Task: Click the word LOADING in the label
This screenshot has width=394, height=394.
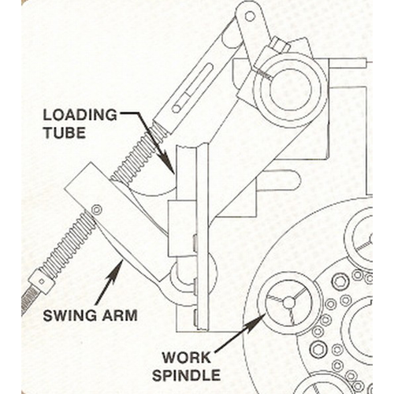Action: [80, 115]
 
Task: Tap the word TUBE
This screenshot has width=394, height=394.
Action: [65, 132]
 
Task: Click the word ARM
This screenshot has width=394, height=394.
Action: [120, 315]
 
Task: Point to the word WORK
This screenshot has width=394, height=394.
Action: [187, 358]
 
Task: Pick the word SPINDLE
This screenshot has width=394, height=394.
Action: [186, 375]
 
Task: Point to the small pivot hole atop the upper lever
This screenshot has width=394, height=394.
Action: [250, 17]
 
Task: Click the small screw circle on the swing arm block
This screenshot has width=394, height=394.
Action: [97, 210]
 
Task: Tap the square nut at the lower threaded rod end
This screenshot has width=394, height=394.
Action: [42, 282]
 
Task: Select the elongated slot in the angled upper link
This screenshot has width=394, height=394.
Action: [192, 88]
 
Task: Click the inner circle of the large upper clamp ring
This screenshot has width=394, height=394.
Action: [291, 88]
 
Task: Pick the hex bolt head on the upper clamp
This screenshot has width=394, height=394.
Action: [280, 44]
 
